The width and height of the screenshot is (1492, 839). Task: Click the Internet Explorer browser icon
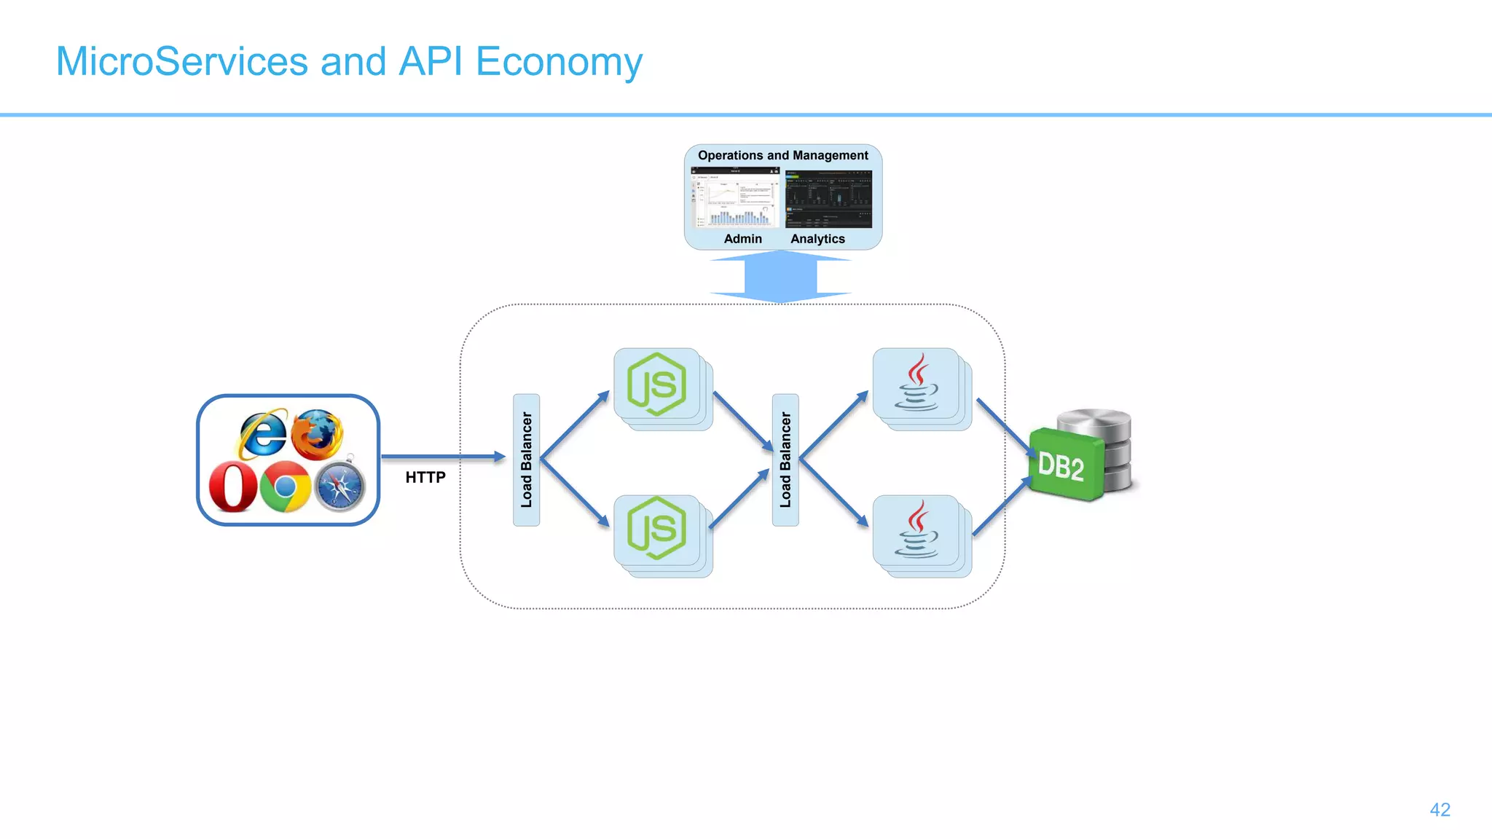tap(263, 434)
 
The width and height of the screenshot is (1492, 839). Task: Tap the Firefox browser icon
tap(317, 434)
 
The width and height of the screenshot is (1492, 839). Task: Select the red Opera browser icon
tap(232, 487)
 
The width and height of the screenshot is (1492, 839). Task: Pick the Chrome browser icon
tap(285, 487)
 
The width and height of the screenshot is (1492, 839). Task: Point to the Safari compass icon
tap(339, 487)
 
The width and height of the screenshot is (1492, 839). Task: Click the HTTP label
tap(425, 478)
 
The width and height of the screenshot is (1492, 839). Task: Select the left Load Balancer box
tap(526, 460)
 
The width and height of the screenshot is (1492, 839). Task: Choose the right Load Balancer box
tap(785, 460)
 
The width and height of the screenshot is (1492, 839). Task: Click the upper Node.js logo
tap(656, 385)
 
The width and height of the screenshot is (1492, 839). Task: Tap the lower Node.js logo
tap(656, 529)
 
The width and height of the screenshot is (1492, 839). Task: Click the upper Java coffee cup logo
tap(916, 383)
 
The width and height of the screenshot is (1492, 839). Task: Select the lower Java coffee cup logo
tap(916, 529)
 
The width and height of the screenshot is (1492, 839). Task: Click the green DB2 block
tap(1064, 465)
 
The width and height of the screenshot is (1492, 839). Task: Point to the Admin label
tap(742, 239)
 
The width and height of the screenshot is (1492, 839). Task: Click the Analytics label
tap(817, 239)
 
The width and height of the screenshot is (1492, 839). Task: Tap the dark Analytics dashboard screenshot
tap(828, 199)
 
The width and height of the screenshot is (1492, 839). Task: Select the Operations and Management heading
tap(782, 155)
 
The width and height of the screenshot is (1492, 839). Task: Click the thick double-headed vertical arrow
tap(780, 277)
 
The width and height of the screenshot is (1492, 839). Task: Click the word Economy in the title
tap(559, 61)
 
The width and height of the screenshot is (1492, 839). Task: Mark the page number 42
tap(1440, 810)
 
